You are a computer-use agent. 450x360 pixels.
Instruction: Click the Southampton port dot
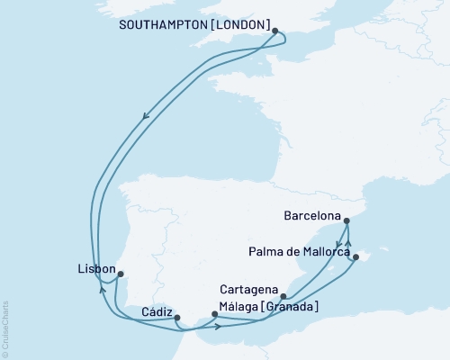coord(275,30)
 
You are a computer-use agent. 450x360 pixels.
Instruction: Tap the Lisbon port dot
coord(121,274)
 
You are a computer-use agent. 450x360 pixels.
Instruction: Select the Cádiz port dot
coord(177,318)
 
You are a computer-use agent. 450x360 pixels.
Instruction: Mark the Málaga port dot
coord(215,314)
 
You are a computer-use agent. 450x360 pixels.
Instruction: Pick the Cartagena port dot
coord(283,296)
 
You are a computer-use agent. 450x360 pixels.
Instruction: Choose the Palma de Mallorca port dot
coord(355,257)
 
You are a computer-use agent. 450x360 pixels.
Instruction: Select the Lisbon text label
coord(97,269)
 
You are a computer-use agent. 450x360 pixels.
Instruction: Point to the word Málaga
coord(239,307)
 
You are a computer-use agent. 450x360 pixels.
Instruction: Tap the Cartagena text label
coord(247,291)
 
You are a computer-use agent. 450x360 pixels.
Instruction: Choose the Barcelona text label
coord(311,217)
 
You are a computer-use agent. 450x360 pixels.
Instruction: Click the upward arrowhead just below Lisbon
coord(102,287)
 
